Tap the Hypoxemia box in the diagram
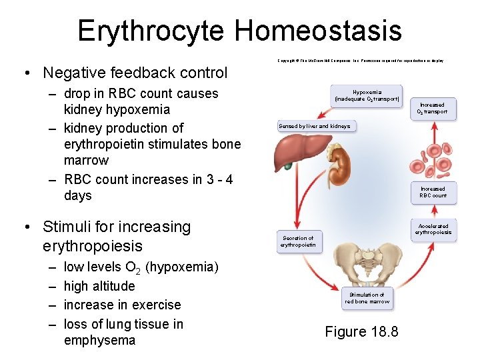click(367, 95)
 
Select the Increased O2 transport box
click(432, 109)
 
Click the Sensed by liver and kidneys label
click(314, 126)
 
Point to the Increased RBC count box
click(433, 192)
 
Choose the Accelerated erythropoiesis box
click(433, 229)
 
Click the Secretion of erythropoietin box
click(297, 241)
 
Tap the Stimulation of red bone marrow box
click(367, 298)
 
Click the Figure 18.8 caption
click(361, 331)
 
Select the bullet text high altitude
click(99, 286)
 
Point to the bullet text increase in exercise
click(122, 305)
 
